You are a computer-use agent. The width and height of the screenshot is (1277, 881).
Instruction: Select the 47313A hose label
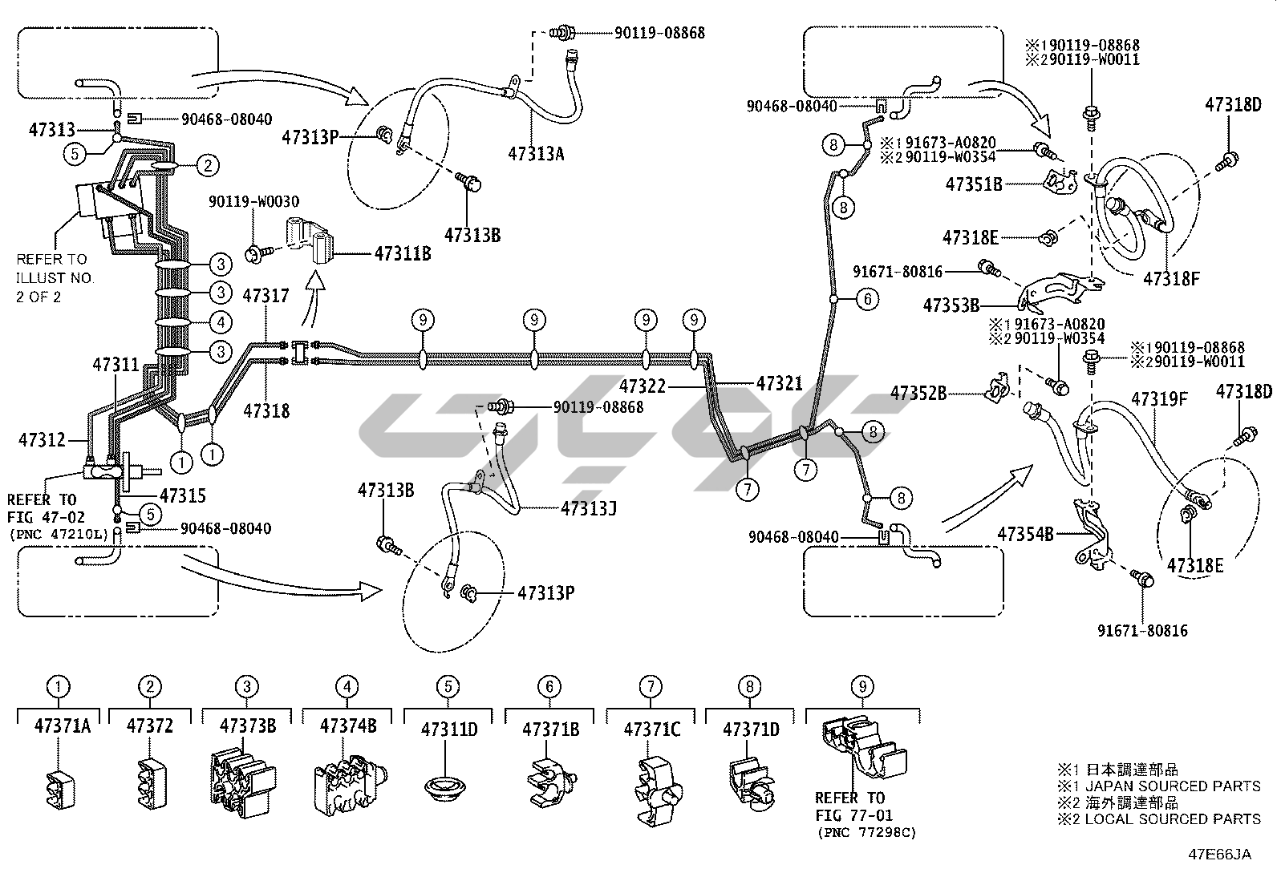[x=536, y=154]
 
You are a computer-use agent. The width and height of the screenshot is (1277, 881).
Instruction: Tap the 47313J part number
[x=588, y=508]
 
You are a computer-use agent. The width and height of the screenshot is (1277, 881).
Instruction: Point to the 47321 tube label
[x=779, y=384]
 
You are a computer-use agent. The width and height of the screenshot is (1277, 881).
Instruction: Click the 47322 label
[x=643, y=386]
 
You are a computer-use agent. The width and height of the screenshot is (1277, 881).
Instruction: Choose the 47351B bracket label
[x=974, y=184]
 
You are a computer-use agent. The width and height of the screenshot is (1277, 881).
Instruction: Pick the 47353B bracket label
[x=951, y=305]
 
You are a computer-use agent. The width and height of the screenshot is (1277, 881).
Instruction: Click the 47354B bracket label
[x=1025, y=533]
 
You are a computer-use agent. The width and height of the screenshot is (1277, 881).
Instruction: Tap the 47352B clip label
[x=918, y=394]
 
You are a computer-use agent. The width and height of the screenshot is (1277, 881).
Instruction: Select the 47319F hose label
[x=1159, y=398]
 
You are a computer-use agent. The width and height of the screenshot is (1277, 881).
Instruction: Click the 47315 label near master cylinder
[x=183, y=496]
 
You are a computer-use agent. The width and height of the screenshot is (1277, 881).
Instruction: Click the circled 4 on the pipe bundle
[x=222, y=322]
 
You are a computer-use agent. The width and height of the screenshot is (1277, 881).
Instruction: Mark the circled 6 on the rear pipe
[x=867, y=299]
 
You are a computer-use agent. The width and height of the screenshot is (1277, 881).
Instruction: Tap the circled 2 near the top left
[x=207, y=166]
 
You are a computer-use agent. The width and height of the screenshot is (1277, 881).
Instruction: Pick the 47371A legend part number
[x=62, y=726]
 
